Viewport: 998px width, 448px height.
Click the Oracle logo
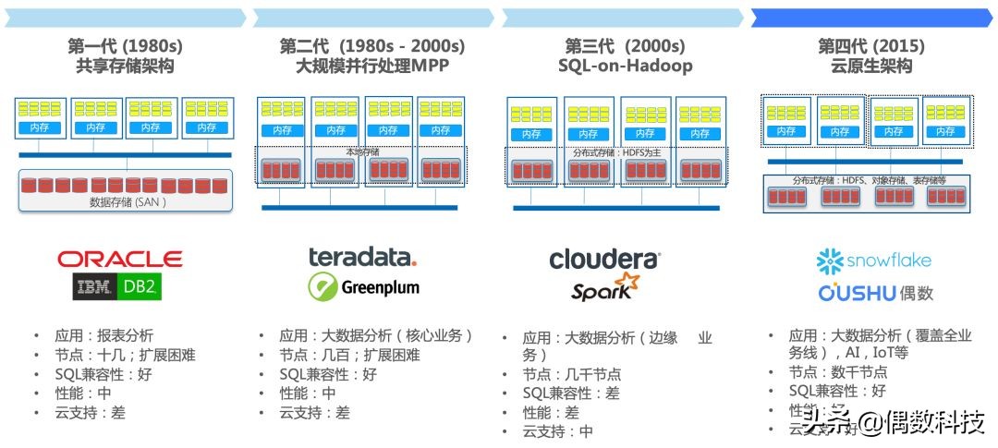(x=119, y=259)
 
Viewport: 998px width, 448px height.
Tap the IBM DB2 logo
(x=118, y=287)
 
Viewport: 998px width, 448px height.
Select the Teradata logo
(x=362, y=257)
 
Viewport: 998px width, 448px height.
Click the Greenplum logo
(x=363, y=287)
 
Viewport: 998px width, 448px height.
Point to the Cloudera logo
(x=604, y=260)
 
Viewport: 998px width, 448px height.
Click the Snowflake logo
(x=873, y=261)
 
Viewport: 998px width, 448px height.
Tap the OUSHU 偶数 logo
(x=875, y=293)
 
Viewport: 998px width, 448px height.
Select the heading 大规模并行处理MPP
(x=371, y=67)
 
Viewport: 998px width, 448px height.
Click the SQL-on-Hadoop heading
(x=625, y=67)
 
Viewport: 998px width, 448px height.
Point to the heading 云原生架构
(x=871, y=67)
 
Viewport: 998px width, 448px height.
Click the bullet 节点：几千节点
(x=571, y=374)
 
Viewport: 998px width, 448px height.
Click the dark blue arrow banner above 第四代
(x=871, y=18)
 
